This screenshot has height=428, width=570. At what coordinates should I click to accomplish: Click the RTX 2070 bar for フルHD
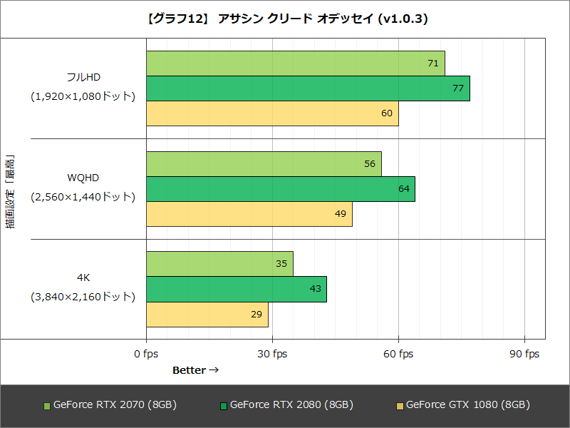point(295,63)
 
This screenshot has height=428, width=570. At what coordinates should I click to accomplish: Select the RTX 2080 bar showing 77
point(308,88)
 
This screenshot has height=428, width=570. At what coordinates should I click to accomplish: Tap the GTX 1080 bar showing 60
point(272,113)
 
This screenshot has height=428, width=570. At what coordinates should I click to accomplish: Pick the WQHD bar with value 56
point(264,164)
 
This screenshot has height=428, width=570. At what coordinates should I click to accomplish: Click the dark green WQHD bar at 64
point(281,189)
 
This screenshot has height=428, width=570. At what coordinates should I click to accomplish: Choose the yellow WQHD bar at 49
point(249,214)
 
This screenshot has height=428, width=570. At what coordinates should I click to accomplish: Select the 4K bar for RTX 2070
point(219,264)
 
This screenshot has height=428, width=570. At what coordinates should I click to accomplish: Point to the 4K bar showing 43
point(237,289)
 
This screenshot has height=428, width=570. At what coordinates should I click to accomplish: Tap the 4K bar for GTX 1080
point(207,314)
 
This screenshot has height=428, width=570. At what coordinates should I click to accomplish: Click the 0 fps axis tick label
point(146,354)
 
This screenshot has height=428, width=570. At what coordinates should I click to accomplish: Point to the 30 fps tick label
point(272,354)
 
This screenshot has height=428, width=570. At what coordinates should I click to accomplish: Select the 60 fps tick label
point(398,354)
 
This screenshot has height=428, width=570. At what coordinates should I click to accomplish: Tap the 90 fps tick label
point(524,354)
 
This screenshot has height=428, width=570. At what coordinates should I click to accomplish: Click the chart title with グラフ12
point(285,19)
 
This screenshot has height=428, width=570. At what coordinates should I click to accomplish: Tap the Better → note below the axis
point(195,370)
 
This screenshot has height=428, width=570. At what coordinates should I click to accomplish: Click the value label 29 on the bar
point(255,314)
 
